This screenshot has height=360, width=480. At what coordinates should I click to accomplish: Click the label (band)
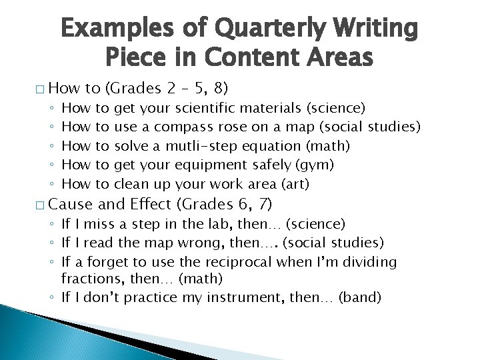tap(360, 297)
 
